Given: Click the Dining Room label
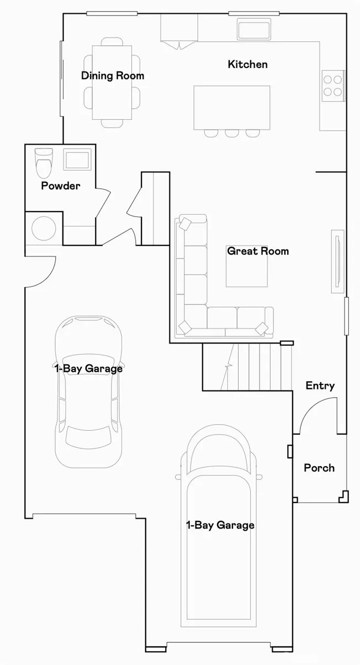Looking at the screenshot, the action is pos(113,76).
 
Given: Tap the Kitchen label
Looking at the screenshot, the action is pos(247,64).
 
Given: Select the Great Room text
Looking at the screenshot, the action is pos(258,251).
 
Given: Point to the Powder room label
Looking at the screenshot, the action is pos(61,186).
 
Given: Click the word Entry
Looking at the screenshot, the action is pos(320,386).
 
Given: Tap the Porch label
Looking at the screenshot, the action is pos(319,468).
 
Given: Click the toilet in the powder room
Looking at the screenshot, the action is pos(44,163).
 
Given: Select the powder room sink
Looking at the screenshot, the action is pos(77,160).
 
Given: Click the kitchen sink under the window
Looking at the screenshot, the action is pos(254,29).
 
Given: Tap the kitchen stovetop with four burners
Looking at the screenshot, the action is pos(333,86).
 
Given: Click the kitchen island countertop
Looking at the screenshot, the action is pos(232,108).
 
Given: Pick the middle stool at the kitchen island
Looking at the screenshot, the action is pos(232,133).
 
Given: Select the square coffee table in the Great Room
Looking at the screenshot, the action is pos(247,266).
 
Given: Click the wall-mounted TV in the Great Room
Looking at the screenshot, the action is pos(337,261).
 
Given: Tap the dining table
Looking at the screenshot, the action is pos(112,82).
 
